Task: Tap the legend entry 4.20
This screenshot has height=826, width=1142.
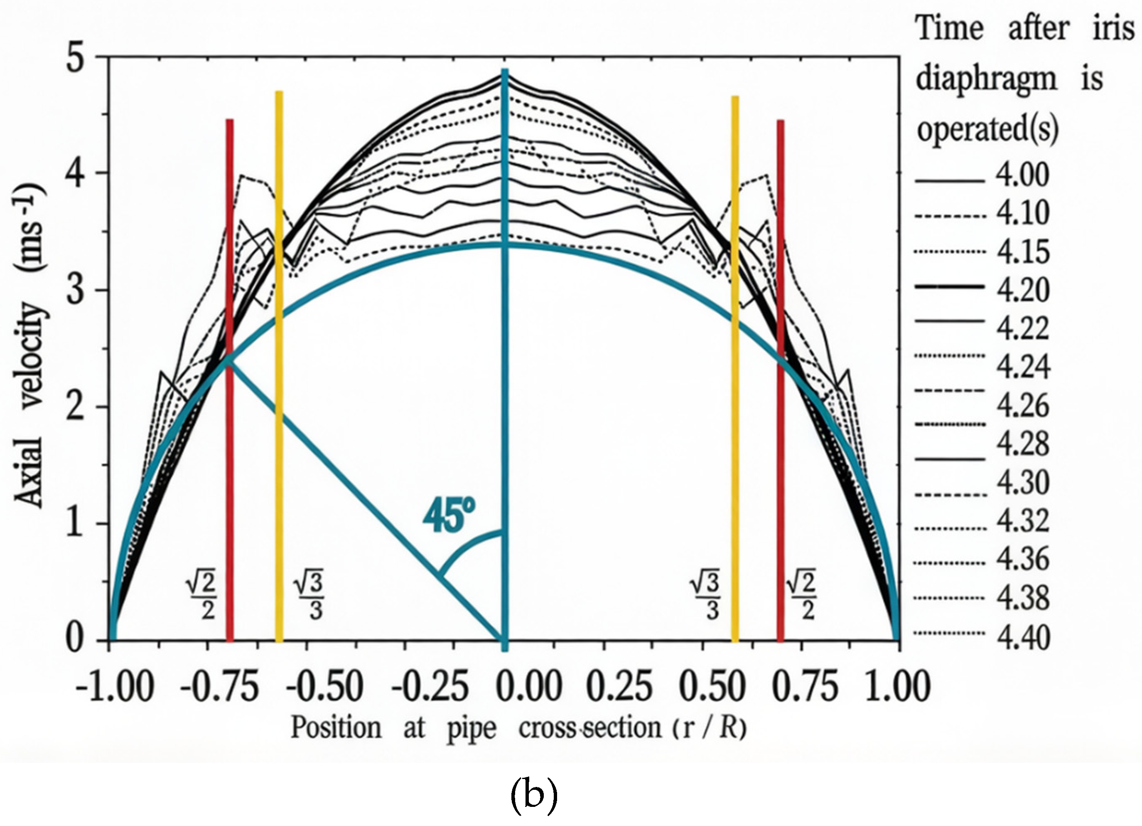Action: click(1023, 290)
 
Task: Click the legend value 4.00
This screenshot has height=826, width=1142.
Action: click(1022, 175)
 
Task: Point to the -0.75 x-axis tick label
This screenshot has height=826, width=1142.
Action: click(219, 686)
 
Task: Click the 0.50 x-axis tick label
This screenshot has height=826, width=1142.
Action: click(712, 686)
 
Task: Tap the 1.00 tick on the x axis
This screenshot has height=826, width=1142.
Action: click(898, 686)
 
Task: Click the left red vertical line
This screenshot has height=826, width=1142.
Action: click(230, 403)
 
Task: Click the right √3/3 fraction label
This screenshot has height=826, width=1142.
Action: click(705, 598)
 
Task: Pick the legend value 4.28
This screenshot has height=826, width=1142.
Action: click(1022, 444)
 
